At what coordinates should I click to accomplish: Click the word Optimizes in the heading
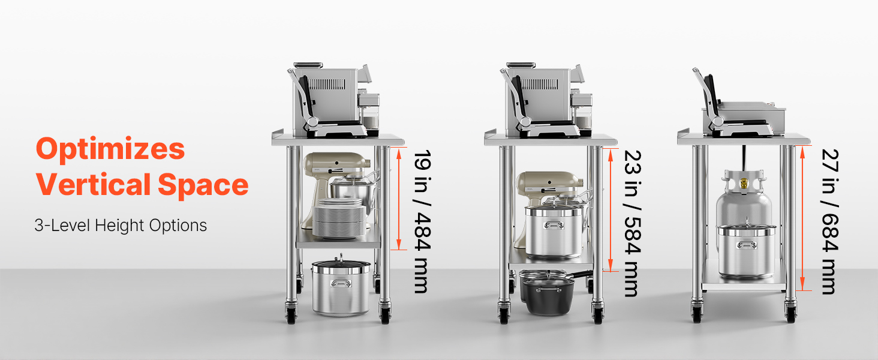point(110,149)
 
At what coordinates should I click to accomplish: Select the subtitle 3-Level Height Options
point(121,226)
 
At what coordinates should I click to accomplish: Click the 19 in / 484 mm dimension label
point(423,221)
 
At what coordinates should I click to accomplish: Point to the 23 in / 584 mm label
point(632,223)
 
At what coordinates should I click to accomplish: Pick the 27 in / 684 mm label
point(830,221)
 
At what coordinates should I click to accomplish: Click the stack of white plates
point(339,218)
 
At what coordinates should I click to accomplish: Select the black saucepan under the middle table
point(549,295)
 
